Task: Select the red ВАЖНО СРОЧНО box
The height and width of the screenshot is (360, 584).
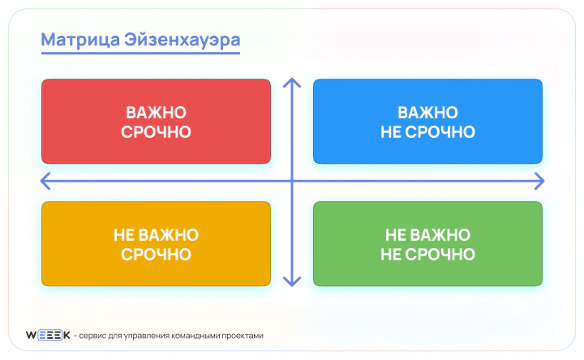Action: click(156, 122)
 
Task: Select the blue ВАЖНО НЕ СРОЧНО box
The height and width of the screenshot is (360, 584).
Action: click(427, 122)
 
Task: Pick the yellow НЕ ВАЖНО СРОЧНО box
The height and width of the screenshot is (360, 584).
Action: click(156, 244)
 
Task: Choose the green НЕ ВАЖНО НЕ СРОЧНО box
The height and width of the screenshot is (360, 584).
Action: click(427, 244)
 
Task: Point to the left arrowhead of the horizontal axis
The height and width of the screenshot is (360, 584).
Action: click(45, 178)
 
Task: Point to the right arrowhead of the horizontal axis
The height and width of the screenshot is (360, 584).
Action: click(539, 178)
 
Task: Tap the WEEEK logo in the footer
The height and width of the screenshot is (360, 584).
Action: click(47, 335)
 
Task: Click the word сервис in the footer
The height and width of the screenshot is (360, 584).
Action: click(93, 336)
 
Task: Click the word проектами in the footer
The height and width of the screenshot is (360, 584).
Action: click(240, 336)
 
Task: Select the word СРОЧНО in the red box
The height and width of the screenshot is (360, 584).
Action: click(156, 132)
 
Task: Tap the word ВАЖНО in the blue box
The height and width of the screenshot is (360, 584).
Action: click(427, 112)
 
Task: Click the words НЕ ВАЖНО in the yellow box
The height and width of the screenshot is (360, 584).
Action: click(156, 234)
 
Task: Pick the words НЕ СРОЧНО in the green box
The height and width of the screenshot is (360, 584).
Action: click(427, 255)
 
